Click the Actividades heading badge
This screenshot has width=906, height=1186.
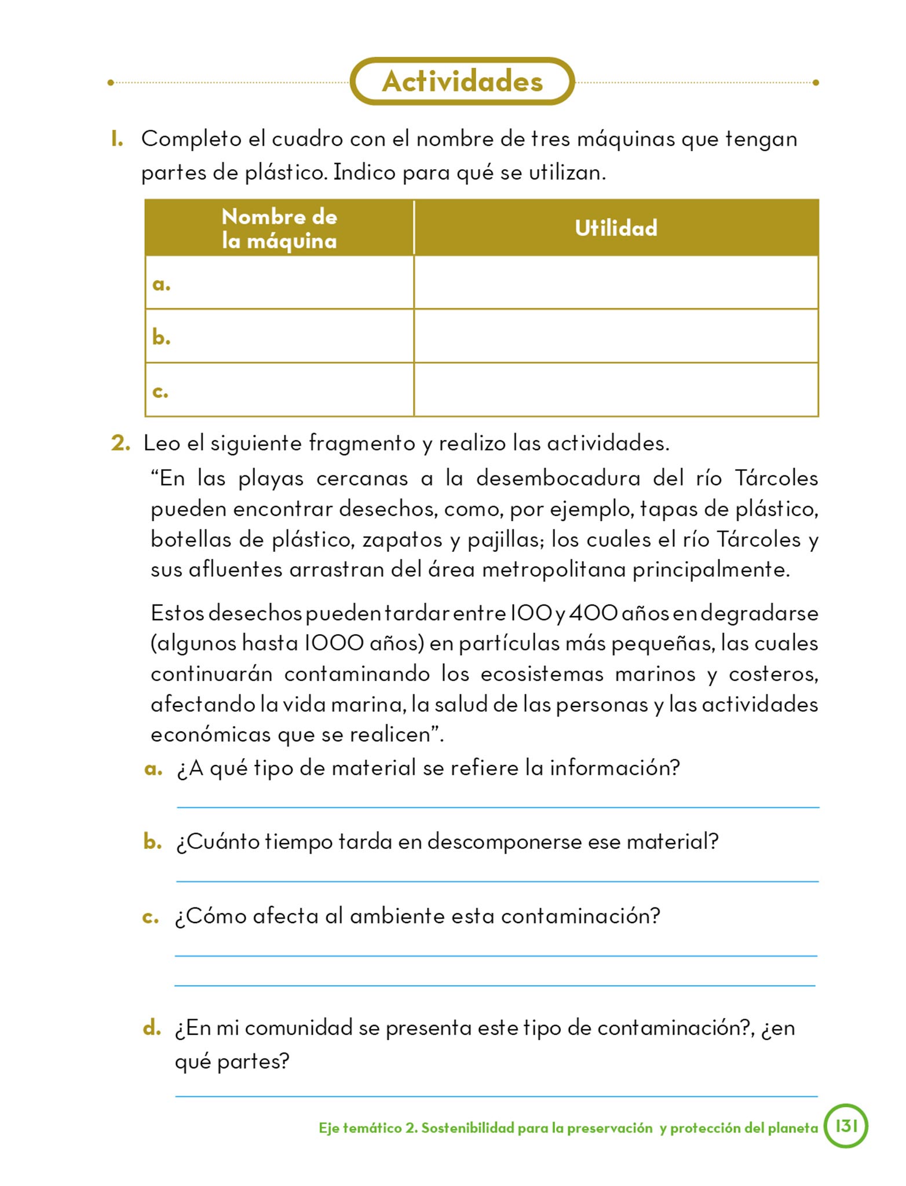coord(462,82)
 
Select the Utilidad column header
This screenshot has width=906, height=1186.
coord(616,228)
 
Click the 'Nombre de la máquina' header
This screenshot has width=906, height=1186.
coord(279,228)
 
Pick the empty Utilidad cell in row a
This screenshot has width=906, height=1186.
coord(616,283)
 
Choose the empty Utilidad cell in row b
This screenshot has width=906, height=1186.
coord(616,336)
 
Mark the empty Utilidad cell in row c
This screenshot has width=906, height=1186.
coord(616,390)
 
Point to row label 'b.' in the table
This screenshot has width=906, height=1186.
coord(161,337)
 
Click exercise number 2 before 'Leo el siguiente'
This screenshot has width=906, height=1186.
coord(120,443)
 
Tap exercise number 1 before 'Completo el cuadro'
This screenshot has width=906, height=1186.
coord(117,139)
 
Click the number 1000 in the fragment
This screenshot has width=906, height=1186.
coord(334,643)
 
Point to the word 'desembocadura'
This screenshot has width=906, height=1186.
coord(558,478)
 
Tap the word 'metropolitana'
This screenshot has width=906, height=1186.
coord(553,570)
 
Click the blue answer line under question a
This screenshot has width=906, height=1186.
coord(497,807)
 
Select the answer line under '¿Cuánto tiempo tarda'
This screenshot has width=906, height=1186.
coord(497,881)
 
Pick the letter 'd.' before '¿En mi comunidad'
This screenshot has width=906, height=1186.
coord(152,1028)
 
